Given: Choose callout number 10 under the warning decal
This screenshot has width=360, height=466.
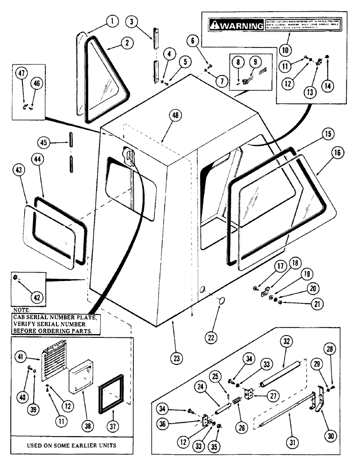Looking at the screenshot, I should [x=284, y=49].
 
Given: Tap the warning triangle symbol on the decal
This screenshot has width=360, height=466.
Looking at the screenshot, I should [x=215, y=25].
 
